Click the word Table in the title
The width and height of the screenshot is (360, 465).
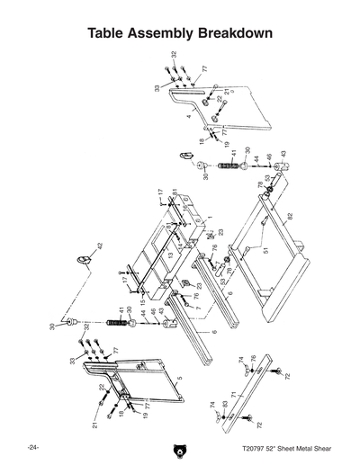[x=109, y=34]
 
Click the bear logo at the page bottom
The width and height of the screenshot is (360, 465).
[x=179, y=447]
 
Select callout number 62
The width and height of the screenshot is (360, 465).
[x=291, y=217]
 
